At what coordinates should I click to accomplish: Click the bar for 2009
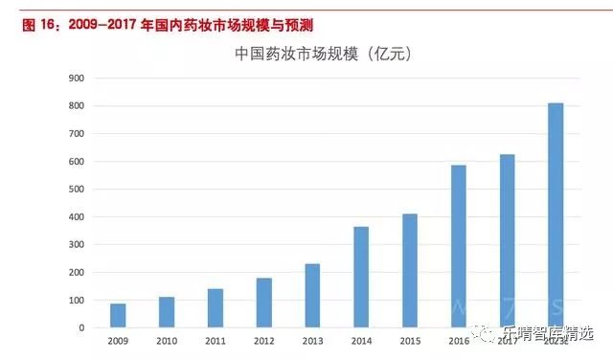pyautogui.click(x=118, y=316)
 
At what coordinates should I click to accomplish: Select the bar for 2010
pyautogui.click(x=167, y=312)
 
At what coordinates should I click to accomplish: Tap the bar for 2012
pyautogui.click(x=264, y=303)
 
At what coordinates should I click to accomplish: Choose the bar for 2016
pyautogui.click(x=459, y=247)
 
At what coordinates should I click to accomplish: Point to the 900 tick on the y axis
pyautogui.click(x=76, y=79)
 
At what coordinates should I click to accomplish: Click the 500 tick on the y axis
pyautogui.click(x=76, y=190)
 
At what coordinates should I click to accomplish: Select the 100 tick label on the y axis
pyautogui.click(x=76, y=301)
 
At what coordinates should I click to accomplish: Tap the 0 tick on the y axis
pyautogui.click(x=80, y=328)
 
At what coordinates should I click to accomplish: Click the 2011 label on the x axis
pyautogui.click(x=216, y=341)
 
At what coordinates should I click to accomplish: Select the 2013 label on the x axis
pyautogui.click(x=312, y=341)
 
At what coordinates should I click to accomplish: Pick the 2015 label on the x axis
pyautogui.click(x=410, y=341)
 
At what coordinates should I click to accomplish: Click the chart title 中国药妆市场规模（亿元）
pyautogui.click(x=323, y=55)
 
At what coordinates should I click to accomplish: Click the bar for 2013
pyautogui.click(x=312, y=296)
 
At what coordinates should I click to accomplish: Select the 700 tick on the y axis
pyautogui.click(x=76, y=134)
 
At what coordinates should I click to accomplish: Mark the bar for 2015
pyautogui.click(x=410, y=271)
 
